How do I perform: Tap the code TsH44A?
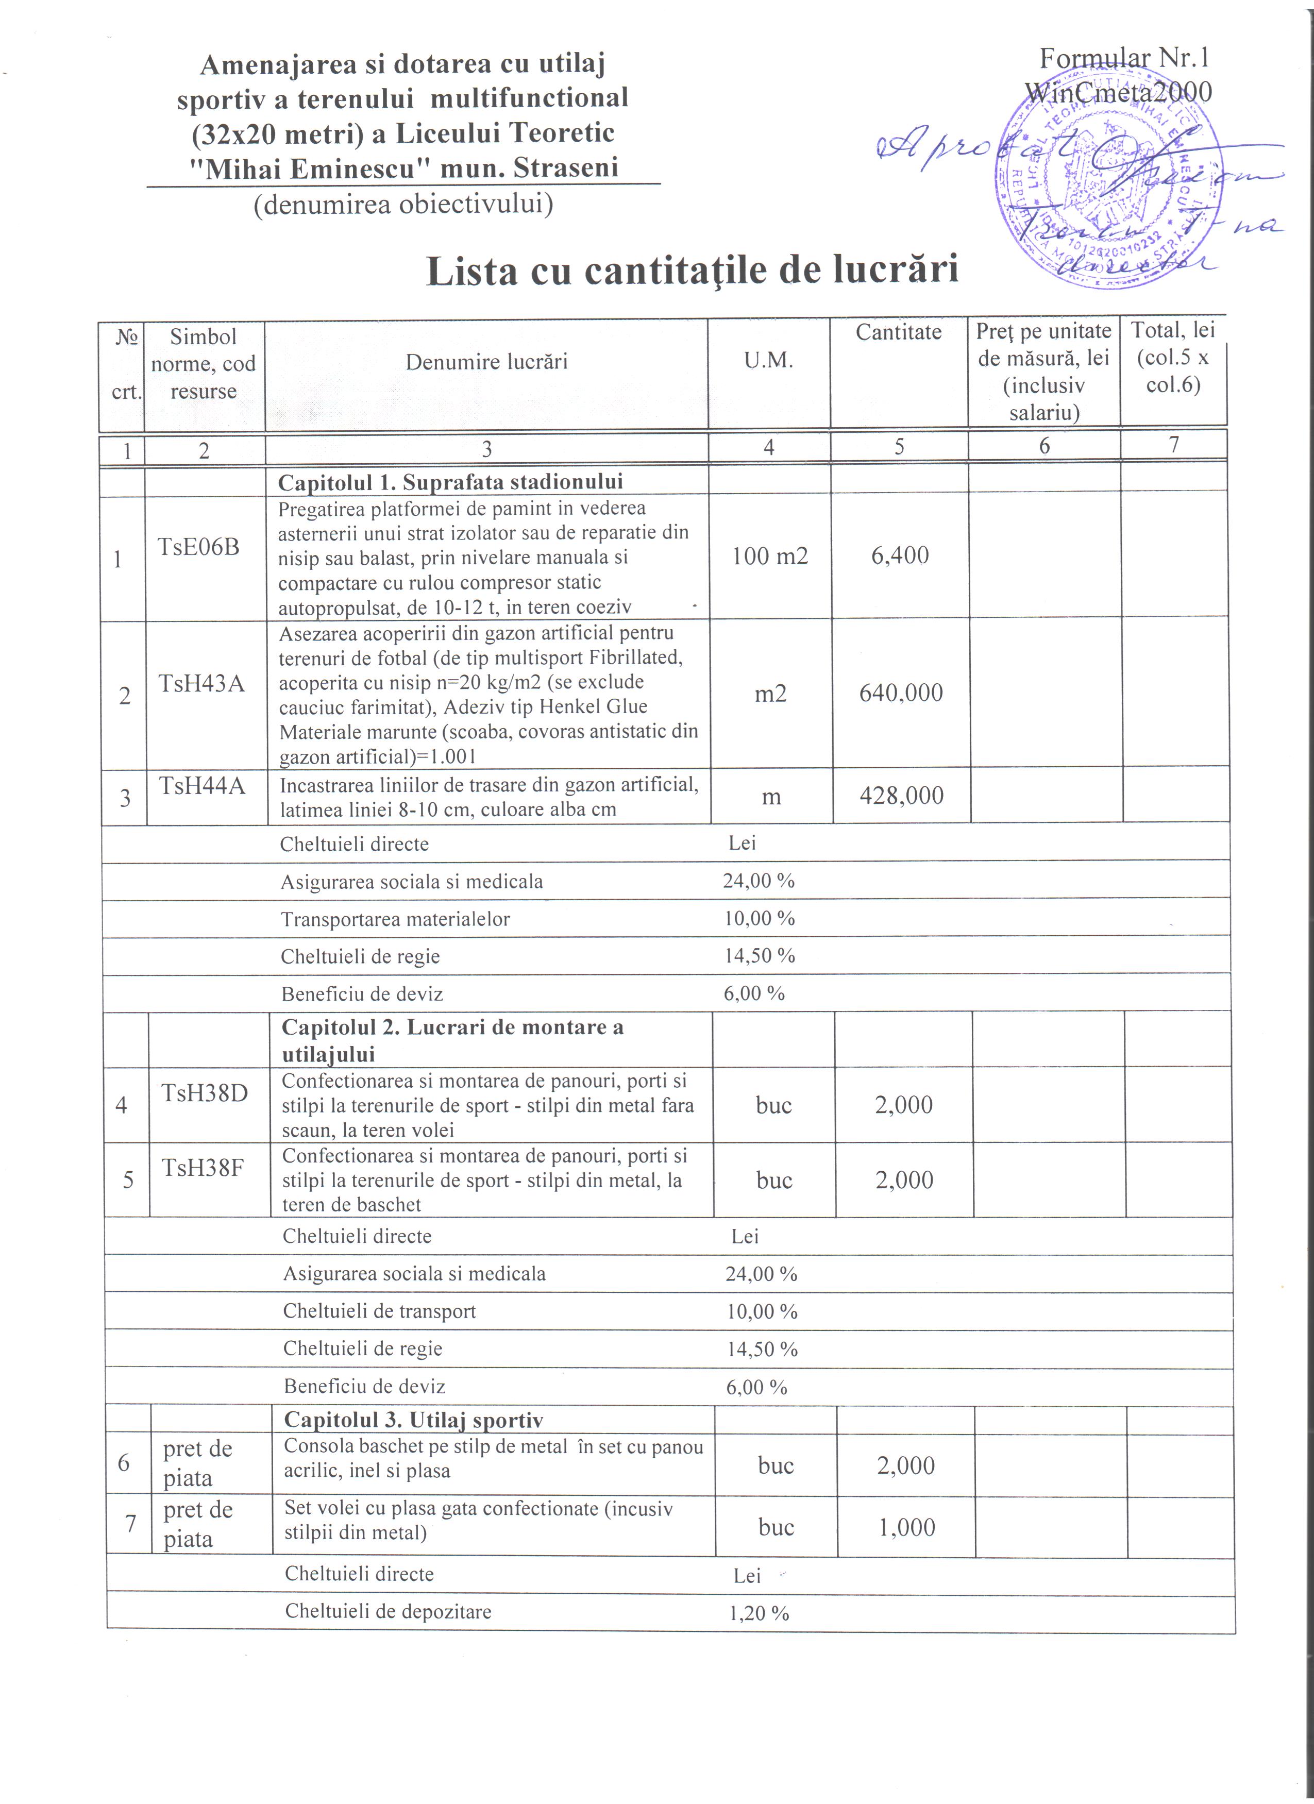(202, 786)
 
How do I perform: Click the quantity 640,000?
(900, 693)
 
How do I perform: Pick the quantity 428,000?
(901, 796)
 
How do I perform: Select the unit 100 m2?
(769, 556)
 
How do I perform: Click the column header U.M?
(768, 360)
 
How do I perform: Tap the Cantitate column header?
(898, 332)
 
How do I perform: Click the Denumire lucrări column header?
(486, 362)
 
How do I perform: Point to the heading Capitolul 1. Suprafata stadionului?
(450, 482)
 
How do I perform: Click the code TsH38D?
(205, 1093)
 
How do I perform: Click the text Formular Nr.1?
(1124, 58)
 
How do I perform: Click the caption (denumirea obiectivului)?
(403, 205)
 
